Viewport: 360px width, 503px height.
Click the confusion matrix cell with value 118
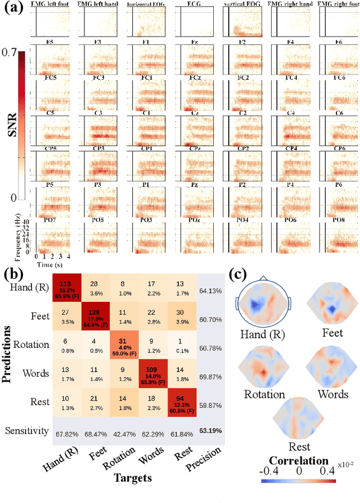[x=67, y=289]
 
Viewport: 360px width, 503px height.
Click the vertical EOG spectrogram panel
[x=243, y=22]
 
